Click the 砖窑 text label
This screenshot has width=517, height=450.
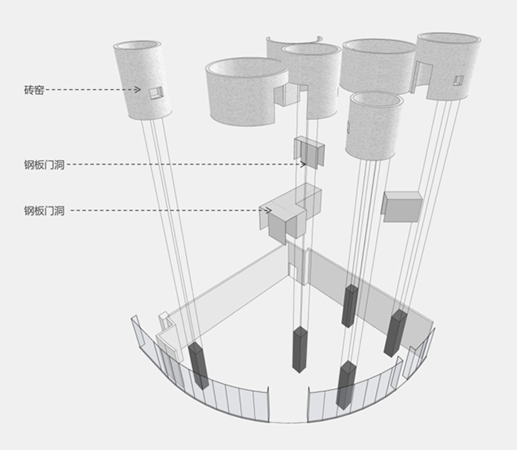[34, 90]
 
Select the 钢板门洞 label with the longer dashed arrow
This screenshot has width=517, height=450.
[44, 165]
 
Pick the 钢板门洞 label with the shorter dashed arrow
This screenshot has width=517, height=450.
[44, 210]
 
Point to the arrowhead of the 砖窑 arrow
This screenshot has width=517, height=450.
[138, 90]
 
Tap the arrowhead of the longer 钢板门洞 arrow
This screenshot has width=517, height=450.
[303, 164]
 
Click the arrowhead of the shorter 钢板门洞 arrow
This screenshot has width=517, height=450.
[268, 210]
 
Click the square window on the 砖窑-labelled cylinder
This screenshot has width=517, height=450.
[156, 92]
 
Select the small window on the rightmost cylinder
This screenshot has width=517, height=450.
[458, 80]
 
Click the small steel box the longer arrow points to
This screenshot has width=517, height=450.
[309, 152]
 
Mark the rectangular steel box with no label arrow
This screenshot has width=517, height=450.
[402, 206]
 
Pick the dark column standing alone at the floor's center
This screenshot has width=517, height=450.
[300, 349]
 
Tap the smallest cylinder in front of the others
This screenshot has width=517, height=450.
[375, 125]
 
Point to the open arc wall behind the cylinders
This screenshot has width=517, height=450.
[294, 45]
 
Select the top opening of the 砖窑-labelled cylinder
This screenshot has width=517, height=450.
[137, 45]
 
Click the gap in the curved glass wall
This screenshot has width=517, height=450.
[288, 405]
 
